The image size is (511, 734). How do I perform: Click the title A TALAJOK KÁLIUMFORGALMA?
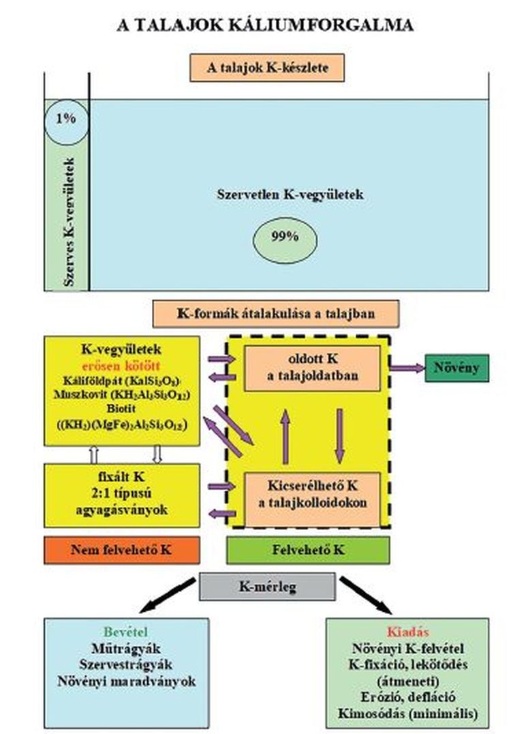click(x=266, y=26)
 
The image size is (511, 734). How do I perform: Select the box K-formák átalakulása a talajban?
click(x=276, y=314)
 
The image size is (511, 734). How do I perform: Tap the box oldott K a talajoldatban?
click(x=312, y=368)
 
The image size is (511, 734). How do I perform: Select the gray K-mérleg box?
click(x=267, y=586)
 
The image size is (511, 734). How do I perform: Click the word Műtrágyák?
click(x=126, y=648)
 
